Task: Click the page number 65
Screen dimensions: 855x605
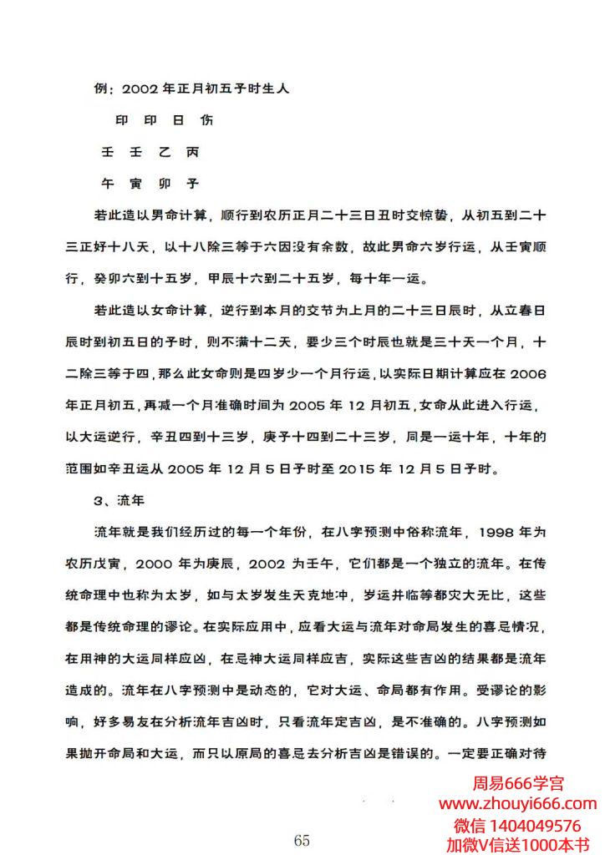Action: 302,840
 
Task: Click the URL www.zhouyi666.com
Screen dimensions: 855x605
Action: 518,804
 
